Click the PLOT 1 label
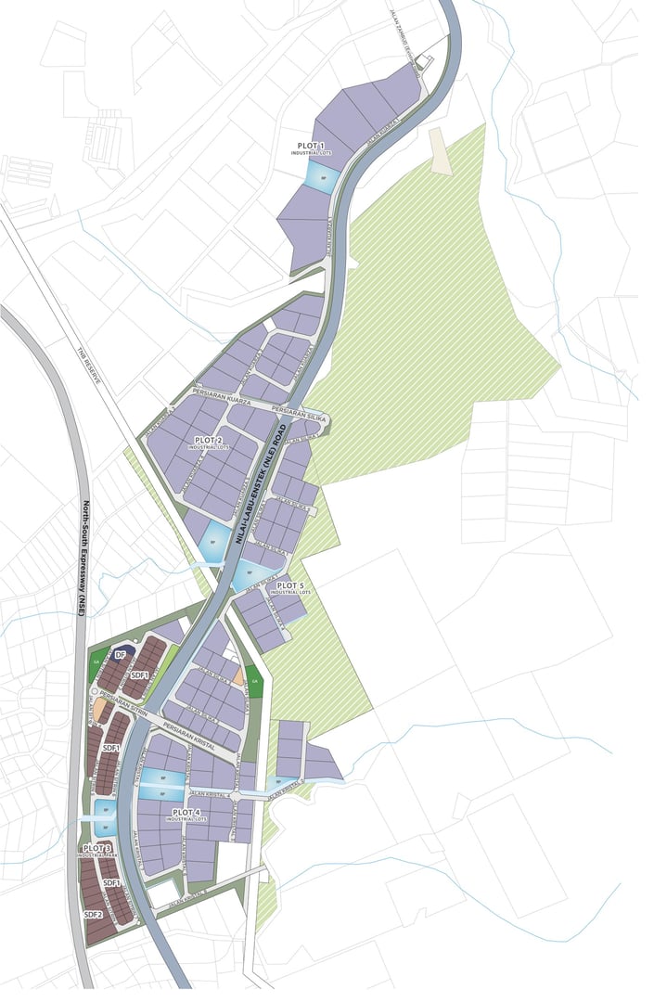click(x=311, y=147)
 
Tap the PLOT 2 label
click(x=208, y=440)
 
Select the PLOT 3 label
click(x=97, y=849)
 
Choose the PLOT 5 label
click(x=290, y=586)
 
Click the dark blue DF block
click(x=119, y=654)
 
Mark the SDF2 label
click(x=92, y=915)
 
